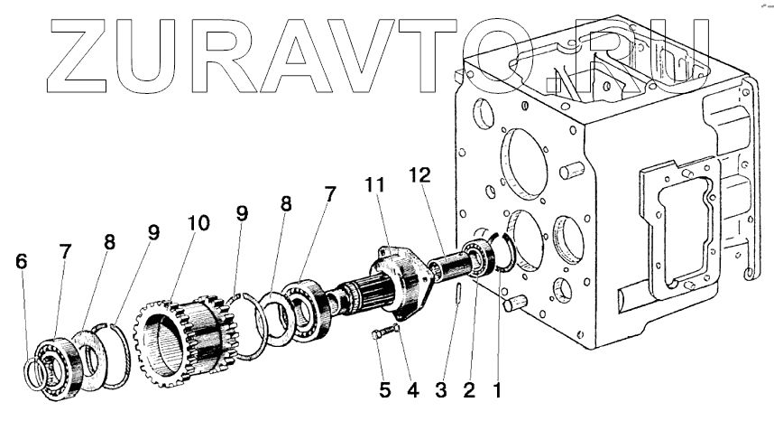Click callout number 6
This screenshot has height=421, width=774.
coord(22,262)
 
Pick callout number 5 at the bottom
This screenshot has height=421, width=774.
coord(384,391)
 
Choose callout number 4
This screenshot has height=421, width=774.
coord(412,391)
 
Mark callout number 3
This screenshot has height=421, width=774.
coord(441,391)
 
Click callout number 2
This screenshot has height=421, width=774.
coord(469,391)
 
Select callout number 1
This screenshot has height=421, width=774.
coord(497,391)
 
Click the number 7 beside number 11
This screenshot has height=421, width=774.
coord(330,194)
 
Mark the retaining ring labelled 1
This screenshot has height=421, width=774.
coord(505,252)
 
